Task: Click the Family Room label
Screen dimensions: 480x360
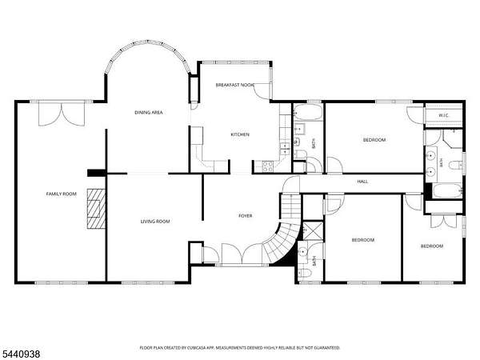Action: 62,194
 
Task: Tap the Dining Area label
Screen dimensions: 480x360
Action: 149,112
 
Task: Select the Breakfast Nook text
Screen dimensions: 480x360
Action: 234,85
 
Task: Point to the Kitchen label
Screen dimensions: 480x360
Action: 240,134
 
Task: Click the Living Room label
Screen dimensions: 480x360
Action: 155,222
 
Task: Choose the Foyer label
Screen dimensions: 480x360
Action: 246,216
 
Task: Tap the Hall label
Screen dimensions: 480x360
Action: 362,182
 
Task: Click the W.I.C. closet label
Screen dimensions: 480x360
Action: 443,115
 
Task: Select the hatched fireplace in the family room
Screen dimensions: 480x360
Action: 96,209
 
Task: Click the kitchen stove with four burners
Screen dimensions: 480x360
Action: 268,166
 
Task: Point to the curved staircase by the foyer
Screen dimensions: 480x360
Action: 281,239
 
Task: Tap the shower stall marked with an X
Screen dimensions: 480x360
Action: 312,230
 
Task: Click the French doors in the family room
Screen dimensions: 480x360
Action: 62,114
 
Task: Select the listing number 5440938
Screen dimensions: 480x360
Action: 20,354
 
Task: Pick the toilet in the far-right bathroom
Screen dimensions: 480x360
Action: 457,165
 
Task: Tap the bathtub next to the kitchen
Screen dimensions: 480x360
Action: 308,112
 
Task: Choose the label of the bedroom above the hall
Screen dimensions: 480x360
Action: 374,140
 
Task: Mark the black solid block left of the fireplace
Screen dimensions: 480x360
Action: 97,173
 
